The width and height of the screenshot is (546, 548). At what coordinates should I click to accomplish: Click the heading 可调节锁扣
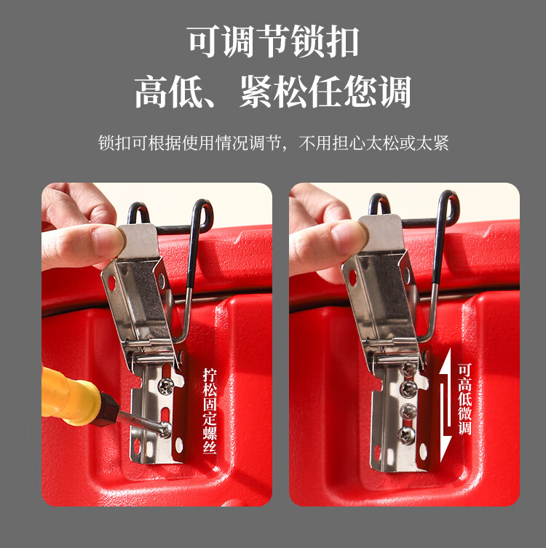click(x=273, y=41)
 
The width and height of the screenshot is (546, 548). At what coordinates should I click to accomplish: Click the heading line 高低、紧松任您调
click(x=273, y=92)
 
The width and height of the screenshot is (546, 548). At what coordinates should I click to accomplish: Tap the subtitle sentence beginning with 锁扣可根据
click(x=273, y=143)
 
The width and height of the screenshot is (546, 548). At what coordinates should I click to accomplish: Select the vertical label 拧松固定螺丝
click(x=210, y=410)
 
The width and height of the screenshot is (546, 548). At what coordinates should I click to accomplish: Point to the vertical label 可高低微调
click(x=465, y=399)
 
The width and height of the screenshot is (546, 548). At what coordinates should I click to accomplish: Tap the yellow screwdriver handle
click(x=68, y=396)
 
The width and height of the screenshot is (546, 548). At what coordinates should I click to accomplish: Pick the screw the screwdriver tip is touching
click(x=165, y=429)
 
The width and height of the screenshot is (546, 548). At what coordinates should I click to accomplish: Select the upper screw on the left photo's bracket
click(x=165, y=386)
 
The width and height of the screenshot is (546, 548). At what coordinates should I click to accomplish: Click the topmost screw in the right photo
click(x=408, y=369)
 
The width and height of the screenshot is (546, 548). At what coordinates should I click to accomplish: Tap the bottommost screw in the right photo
click(x=407, y=435)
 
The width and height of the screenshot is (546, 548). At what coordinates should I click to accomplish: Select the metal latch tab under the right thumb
click(x=381, y=233)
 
